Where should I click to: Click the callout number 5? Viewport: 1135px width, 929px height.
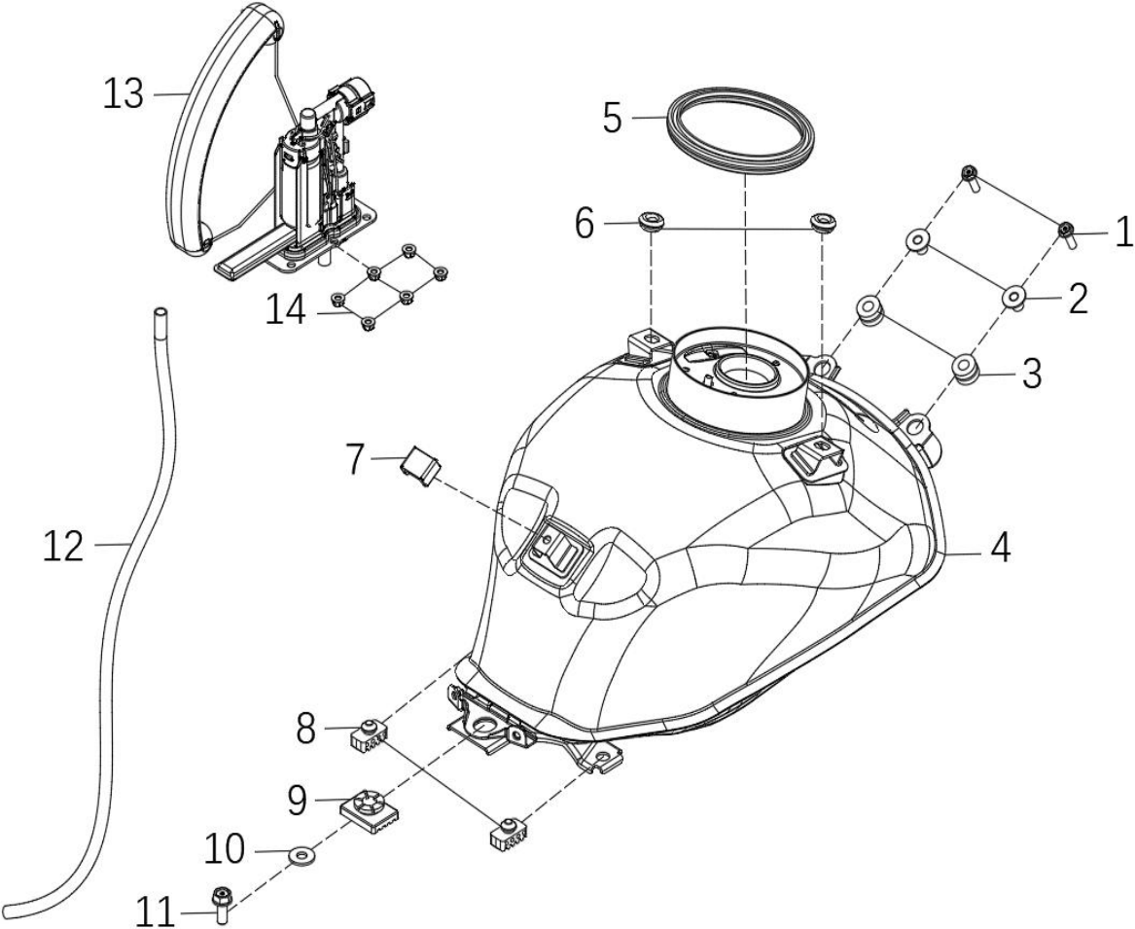[x=613, y=118]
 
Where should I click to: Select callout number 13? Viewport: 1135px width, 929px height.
[x=124, y=94]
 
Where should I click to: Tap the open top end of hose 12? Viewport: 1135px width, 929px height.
[x=160, y=313]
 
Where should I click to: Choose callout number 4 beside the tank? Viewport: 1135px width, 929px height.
[x=1000, y=548]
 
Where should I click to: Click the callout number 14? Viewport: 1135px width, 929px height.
[x=286, y=312]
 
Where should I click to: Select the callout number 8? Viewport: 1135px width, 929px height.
[x=306, y=730]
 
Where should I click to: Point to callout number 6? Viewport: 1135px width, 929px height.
[x=585, y=224]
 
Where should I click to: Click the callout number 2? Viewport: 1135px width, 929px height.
[x=1078, y=299]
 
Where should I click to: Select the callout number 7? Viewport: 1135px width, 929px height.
[x=355, y=459]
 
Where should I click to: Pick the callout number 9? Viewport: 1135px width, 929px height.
[x=297, y=801]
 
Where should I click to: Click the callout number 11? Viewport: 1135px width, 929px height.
[x=156, y=911]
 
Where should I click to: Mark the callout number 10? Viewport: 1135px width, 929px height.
[x=225, y=848]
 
